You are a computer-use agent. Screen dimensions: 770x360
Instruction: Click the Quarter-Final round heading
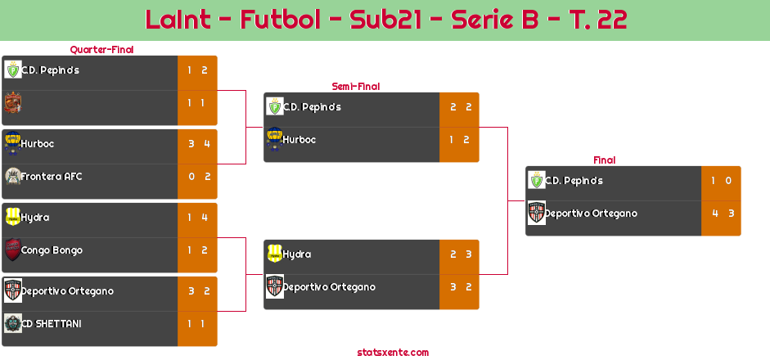(x=101, y=50)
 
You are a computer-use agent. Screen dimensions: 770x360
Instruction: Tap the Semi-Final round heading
(x=356, y=87)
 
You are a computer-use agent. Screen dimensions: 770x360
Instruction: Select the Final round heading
(x=605, y=160)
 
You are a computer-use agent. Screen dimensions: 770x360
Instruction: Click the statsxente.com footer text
(x=393, y=353)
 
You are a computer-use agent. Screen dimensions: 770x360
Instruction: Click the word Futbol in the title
(x=281, y=20)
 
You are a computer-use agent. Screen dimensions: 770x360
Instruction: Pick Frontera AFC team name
(x=51, y=176)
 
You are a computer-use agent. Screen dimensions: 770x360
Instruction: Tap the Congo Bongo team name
(x=52, y=250)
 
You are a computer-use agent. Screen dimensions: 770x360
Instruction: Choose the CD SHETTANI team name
(x=51, y=324)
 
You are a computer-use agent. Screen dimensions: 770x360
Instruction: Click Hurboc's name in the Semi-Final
(x=299, y=140)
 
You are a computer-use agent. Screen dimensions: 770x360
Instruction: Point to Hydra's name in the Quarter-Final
(x=35, y=218)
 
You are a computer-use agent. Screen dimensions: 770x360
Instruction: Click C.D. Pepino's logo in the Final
(x=537, y=180)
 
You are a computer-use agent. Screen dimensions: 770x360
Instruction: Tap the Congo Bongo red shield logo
(x=13, y=250)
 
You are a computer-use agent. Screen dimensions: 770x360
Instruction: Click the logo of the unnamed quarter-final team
(x=13, y=103)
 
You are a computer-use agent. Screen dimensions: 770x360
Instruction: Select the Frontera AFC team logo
(x=13, y=176)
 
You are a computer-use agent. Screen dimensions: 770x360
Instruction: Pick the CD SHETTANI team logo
(x=13, y=324)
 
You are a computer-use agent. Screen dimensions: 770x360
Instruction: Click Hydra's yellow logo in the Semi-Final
(x=275, y=254)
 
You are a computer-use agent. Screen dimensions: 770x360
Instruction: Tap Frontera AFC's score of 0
(x=191, y=177)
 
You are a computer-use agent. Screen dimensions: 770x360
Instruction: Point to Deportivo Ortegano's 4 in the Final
(x=715, y=214)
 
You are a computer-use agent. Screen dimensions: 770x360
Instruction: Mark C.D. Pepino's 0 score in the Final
(x=728, y=181)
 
